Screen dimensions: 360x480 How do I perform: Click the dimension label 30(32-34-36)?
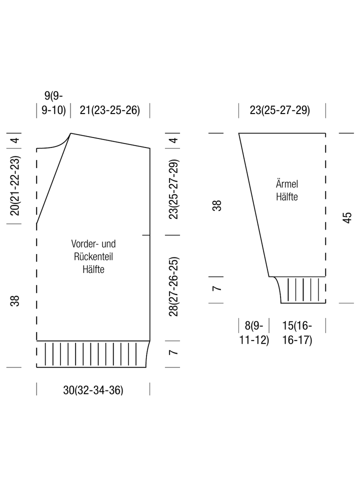point(93,390)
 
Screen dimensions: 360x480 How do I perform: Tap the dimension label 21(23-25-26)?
point(110,110)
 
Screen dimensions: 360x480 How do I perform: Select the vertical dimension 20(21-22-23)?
point(15,186)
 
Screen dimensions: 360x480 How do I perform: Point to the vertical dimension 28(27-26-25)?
point(173,286)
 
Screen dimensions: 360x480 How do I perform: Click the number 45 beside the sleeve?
point(347,217)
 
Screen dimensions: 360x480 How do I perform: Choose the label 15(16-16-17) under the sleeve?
point(297,333)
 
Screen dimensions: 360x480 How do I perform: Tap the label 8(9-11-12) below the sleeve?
point(254,333)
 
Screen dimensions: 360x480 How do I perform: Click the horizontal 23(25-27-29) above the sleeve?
point(280,110)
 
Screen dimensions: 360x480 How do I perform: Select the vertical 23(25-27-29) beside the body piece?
point(173,189)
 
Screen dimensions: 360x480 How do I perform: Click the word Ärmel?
point(287,183)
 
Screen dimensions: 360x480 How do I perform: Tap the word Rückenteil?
point(93,256)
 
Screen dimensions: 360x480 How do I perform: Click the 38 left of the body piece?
point(15,301)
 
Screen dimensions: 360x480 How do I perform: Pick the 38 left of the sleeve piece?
point(216,205)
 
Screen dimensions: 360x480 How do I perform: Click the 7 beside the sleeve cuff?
point(216,288)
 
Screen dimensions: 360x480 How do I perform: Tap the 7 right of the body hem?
point(173,352)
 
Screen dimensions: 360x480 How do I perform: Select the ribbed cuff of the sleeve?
point(301,289)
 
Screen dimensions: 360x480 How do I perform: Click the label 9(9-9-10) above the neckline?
point(53,103)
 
